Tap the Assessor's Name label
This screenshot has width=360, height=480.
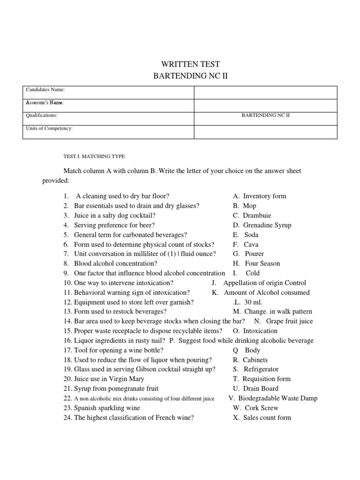[x=45, y=102]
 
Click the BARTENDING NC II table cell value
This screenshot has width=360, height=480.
[x=266, y=115]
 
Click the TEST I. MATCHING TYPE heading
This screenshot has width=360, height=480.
[x=94, y=156]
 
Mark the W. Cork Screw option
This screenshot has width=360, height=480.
[x=255, y=408]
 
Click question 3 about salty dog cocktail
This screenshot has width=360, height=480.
[x=109, y=216]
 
